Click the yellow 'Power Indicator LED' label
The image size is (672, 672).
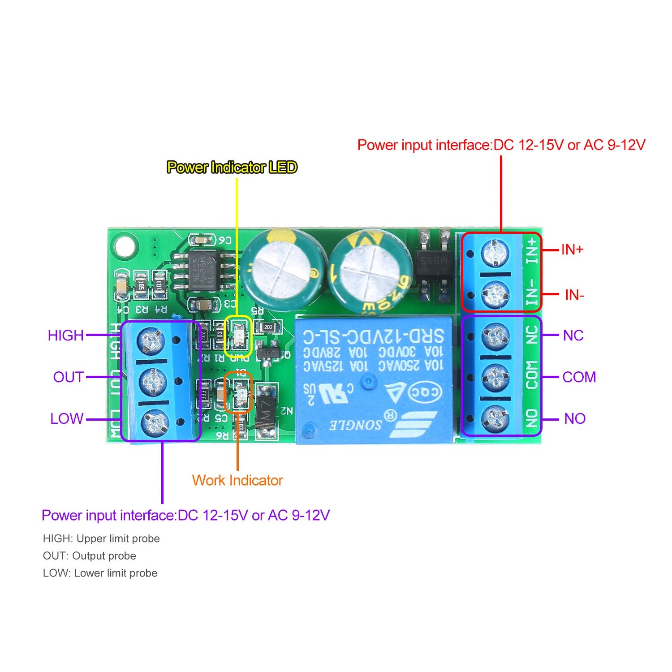[232, 167]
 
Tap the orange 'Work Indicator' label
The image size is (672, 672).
[237, 480]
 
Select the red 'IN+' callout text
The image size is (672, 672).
[572, 250]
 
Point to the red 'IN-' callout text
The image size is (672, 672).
[574, 295]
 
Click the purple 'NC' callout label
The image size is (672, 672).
[573, 335]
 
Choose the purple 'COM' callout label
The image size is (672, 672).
[579, 377]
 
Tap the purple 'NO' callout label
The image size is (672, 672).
[575, 418]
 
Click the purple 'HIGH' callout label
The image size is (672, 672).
[66, 335]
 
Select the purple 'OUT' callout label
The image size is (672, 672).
[68, 377]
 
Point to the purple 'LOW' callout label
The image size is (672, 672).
[67, 418]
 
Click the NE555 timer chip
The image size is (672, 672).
[204, 270]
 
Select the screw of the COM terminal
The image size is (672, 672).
[495, 378]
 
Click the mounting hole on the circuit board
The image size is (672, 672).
[124, 246]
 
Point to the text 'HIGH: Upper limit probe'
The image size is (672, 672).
[101, 538]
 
